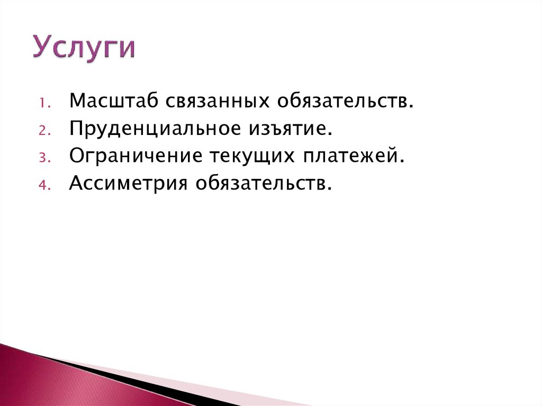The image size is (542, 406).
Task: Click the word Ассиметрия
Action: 129,184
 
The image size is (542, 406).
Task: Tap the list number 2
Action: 44,130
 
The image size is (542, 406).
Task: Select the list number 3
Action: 44,158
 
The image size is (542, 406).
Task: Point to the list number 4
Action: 44,185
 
